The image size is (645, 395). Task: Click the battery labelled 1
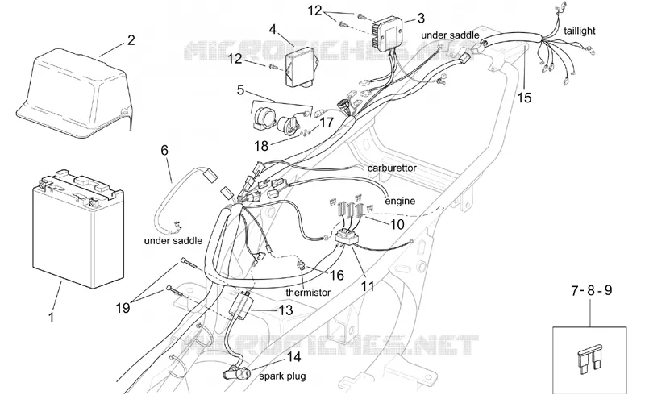(78, 228)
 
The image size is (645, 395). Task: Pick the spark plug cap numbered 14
(235, 373)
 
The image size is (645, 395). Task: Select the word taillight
(579, 31)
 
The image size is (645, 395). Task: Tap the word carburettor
(392, 168)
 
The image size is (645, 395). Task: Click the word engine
(400, 202)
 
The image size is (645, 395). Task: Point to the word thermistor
(308, 293)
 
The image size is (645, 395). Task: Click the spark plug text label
(282, 376)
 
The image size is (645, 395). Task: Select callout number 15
(525, 98)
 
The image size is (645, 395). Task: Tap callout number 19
(123, 307)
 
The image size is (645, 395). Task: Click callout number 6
(164, 150)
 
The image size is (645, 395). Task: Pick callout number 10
(397, 225)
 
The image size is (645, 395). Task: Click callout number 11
(368, 286)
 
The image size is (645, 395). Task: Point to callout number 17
(327, 123)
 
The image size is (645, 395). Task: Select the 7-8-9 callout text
(591, 290)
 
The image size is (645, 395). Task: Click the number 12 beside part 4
(235, 59)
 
